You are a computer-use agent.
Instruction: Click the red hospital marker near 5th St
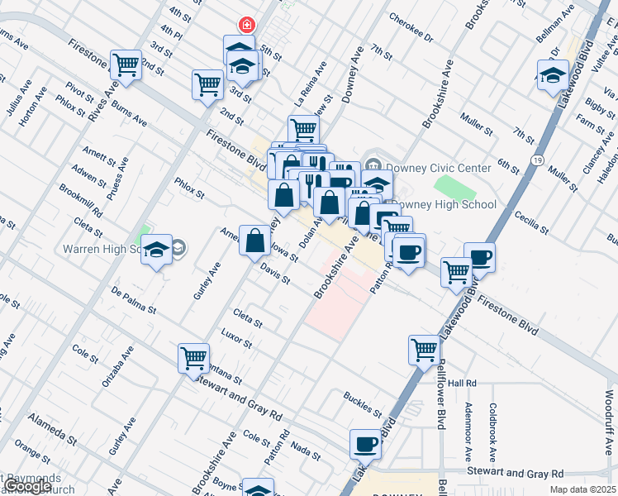(245, 26)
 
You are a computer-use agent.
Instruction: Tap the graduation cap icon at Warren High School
(155, 250)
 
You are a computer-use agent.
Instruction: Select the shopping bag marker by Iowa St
(255, 241)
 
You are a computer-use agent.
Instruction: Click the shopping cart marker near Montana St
(194, 359)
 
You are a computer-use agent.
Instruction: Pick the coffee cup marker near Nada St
(365, 445)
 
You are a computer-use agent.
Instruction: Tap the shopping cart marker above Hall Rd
(424, 350)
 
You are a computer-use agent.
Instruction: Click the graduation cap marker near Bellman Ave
(552, 75)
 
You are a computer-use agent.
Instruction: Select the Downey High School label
(444, 204)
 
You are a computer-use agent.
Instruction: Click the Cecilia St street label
(532, 221)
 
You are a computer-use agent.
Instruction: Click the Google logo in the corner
(27, 487)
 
